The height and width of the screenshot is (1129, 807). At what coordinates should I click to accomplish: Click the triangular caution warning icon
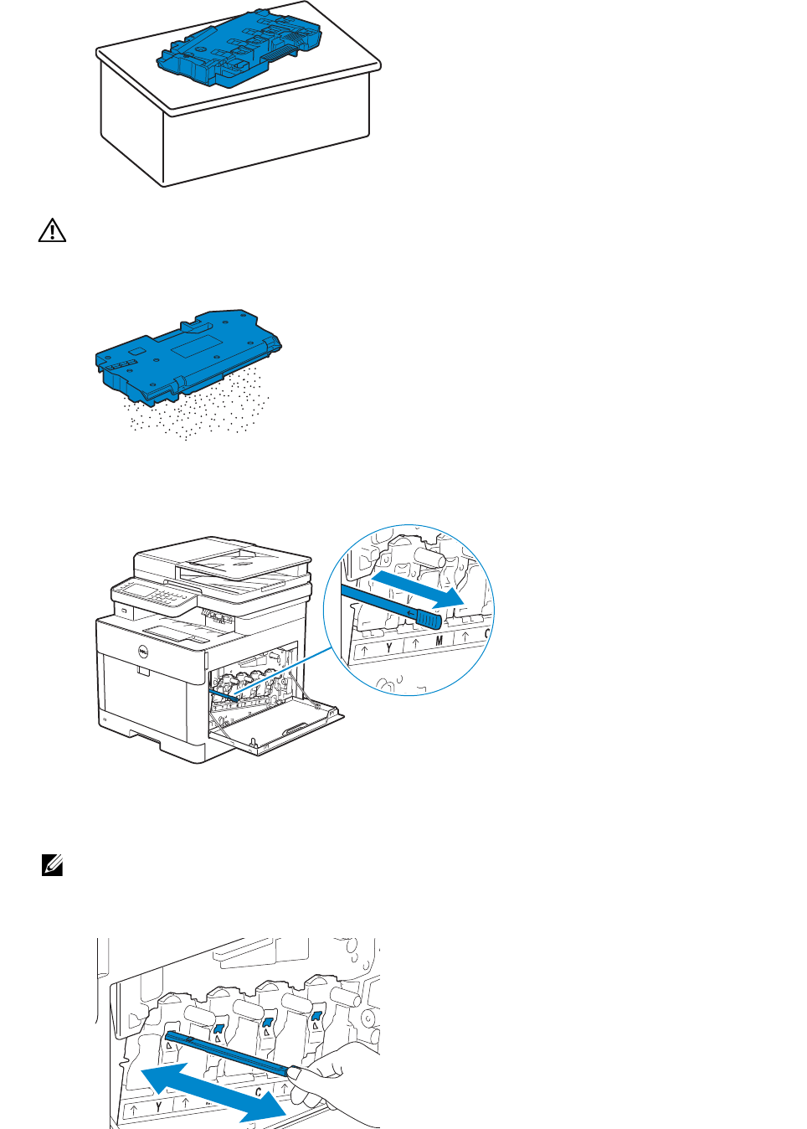(52, 230)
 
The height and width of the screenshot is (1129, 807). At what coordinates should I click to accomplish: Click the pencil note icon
(52, 865)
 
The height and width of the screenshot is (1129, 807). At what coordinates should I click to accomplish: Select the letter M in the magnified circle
(439, 642)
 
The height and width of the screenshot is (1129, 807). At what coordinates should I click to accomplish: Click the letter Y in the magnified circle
(388, 648)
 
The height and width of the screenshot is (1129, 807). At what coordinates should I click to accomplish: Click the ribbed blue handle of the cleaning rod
(428, 620)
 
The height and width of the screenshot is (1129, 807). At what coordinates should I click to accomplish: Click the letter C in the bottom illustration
(259, 1092)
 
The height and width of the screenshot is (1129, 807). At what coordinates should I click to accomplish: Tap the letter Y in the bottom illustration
(158, 1107)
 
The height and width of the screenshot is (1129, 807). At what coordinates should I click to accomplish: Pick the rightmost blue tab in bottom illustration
(316, 1017)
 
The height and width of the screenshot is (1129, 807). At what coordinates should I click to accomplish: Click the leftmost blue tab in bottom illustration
(218, 1028)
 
